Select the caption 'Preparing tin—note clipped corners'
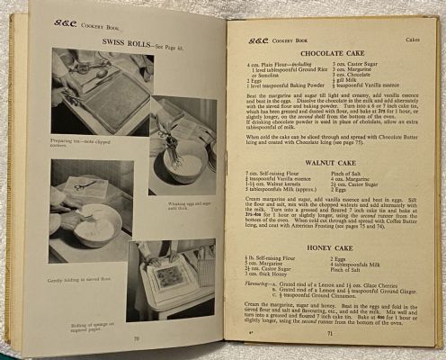pos(83,145)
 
